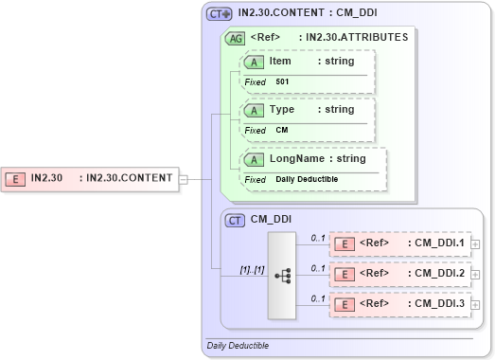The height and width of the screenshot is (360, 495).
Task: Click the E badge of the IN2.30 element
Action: [15, 177]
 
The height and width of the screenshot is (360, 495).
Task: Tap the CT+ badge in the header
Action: [220, 14]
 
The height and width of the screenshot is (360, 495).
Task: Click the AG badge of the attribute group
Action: [234, 38]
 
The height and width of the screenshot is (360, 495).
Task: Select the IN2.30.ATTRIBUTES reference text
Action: [353, 38]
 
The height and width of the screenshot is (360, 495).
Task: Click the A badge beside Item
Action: [255, 62]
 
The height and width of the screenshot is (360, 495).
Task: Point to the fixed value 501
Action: [282, 82]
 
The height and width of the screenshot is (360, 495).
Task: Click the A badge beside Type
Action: [255, 110]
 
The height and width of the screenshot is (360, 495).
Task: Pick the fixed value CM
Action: [282, 130]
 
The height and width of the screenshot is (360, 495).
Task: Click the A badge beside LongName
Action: [255, 158]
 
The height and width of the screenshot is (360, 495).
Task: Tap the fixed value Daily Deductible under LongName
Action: [308, 179]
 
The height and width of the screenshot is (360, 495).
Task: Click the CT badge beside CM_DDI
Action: [236, 220]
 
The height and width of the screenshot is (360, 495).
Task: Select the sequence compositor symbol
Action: [282, 275]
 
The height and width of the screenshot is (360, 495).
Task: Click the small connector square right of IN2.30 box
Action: [184, 177]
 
